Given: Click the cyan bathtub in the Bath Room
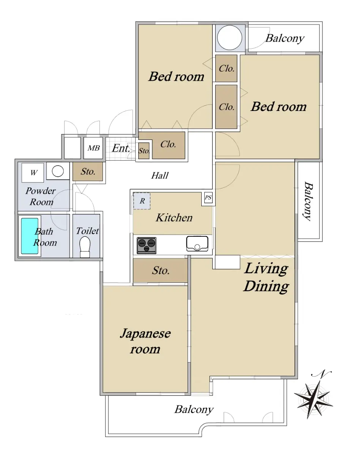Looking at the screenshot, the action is [x=30, y=236].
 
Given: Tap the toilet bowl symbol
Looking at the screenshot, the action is [x=85, y=247].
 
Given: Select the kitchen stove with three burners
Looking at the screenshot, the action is [x=147, y=245].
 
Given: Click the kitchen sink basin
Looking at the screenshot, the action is [x=197, y=244].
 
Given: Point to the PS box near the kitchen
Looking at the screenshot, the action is [x=208, y=198].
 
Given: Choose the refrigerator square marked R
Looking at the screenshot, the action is [x=142, y=201].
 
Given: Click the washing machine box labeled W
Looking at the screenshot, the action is [x=33, y=173].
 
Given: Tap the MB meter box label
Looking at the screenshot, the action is [x=93, y=148].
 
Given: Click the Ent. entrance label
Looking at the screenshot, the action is [x=121, y=148].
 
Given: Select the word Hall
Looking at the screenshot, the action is [x=160, y=176].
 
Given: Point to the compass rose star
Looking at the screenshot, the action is [x=313, y=399].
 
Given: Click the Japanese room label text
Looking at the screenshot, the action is [x=145, y=341].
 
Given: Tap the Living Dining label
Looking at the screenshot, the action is [x=266, y=277].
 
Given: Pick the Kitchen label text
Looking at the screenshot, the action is [x=174, y=218].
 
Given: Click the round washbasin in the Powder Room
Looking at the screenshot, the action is [x=58, y=171].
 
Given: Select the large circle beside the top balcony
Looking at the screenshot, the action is [x=230, y=38].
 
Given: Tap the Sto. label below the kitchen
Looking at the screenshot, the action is [x=161, y=271].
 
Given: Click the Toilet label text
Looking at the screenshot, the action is [x=87, y=231].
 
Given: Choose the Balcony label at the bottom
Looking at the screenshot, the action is [x=194, y=410].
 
